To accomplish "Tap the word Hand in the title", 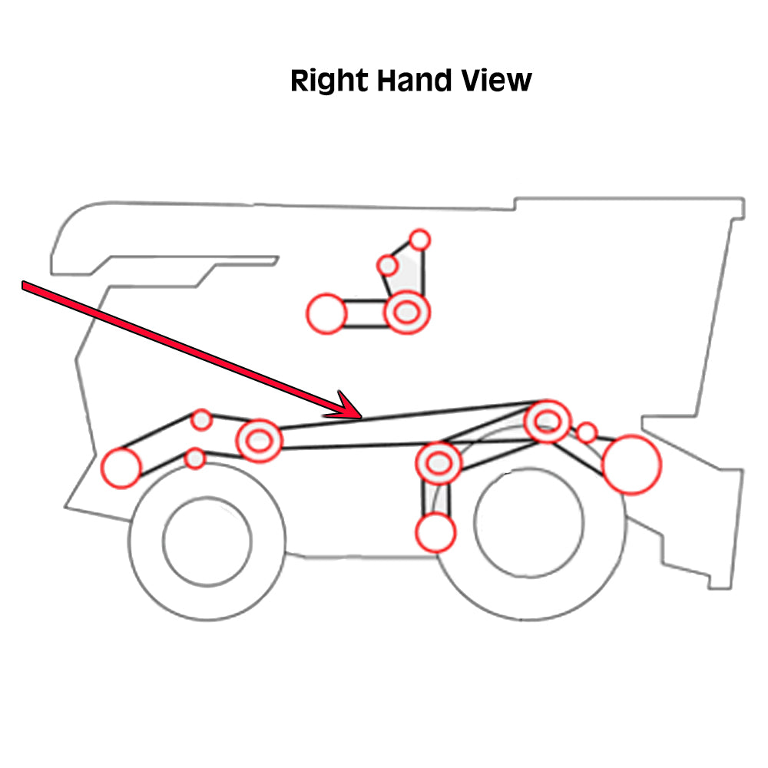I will click(x=409, y=81).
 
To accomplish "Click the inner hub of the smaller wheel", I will click(x=207, y=541).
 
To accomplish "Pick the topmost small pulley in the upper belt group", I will click(x=419, y=240).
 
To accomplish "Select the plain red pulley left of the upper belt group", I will click(x=327, y=313).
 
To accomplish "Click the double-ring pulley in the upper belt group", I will click(x=407, y=313).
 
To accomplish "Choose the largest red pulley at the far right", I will click(x=631, y=464).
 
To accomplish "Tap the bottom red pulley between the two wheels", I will click(x=435, y=532).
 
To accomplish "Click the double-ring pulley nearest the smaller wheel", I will click(x=259, y=440).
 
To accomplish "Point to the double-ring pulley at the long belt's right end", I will click(x=547, y=420).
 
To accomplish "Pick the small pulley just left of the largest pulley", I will click(x=587, y=432).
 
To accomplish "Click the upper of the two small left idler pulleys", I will click(x=201, y=419).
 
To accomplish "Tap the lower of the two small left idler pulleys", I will click(x=195, y=458).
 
